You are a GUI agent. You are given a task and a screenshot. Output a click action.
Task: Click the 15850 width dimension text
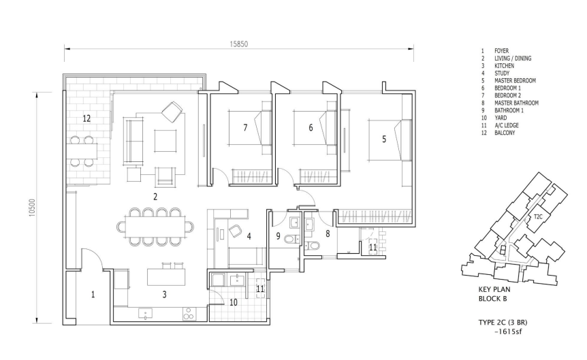(x=239, y=44)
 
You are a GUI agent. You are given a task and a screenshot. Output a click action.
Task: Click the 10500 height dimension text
(x=32, y=208)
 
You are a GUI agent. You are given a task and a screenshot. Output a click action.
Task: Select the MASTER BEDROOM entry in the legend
(x=515, y=80)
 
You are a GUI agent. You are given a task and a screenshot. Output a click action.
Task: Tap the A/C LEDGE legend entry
(x=507, y=125)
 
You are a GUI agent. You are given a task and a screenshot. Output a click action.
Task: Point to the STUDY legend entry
(x=502, y=73)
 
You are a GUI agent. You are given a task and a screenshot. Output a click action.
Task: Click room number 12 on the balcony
(x=86, y=118)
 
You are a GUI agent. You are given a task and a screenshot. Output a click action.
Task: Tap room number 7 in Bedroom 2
(x=245, y=128)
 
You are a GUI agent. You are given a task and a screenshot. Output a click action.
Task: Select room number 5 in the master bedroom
(x=383, y=140)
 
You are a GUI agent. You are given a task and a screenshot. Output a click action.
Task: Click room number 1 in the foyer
(x=93, y=295)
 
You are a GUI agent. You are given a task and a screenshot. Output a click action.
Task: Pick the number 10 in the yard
(x=233, y=302)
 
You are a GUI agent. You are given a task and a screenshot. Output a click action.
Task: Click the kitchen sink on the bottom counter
(x=145, y=314)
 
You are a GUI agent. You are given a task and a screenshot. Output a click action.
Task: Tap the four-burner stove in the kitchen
(x=189, y=314)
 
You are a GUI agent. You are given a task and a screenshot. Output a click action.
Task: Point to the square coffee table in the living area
(x=165, y=141)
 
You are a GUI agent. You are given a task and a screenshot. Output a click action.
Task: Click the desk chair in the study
(x=235, y=231)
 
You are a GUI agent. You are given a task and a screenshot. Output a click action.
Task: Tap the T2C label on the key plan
(x=538, y=216)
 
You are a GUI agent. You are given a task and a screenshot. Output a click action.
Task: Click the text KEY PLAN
(x=494, y=289)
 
